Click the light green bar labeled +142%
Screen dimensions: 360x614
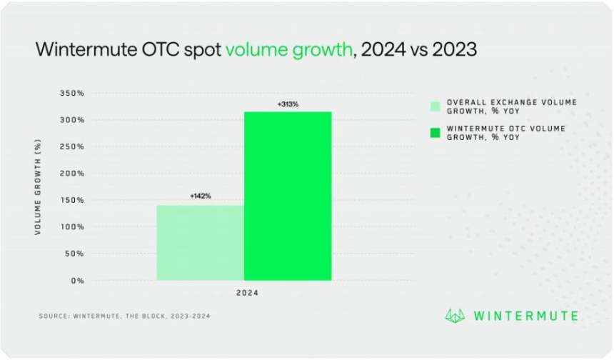coord(201,243)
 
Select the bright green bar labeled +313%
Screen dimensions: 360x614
coord(288,196)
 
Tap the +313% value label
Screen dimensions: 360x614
coord(288,105)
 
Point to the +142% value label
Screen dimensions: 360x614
coord(201,196)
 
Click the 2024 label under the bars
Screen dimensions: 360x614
coord(247,294)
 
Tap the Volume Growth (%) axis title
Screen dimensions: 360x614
coord(37,187)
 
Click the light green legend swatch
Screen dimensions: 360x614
coord(435,106)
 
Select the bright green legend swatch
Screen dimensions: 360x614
coord(435,133)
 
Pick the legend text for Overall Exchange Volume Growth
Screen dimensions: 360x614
coord(511,106)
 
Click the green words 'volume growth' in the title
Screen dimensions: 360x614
coord(288,51)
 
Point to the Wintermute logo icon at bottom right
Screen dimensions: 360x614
coord(456,315)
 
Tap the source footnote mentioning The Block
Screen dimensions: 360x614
coord(124,315)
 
